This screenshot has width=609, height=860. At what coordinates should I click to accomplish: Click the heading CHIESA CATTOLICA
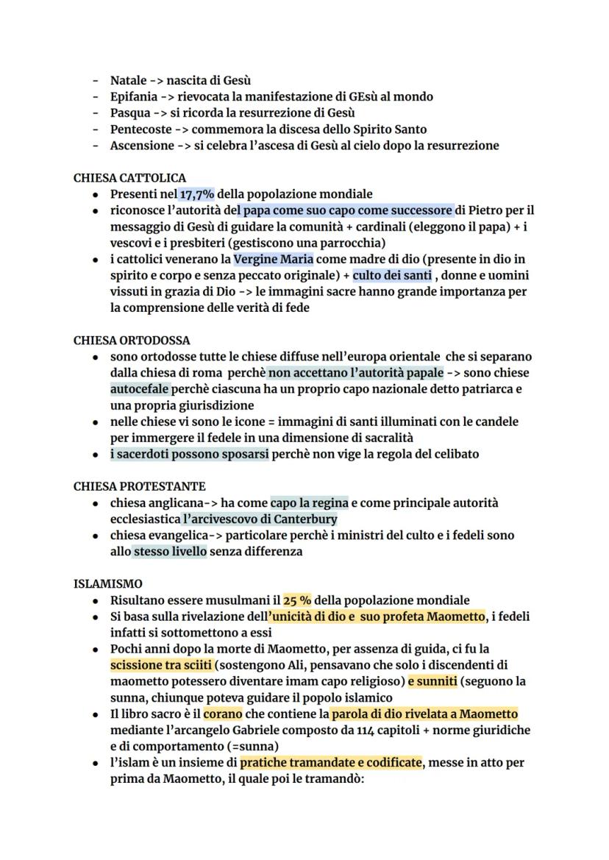coord(129,178)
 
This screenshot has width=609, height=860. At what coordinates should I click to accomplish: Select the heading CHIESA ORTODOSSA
coord(132,341)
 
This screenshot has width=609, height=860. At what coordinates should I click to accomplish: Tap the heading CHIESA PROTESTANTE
coord(139,487)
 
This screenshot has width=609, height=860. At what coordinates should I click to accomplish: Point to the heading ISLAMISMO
coord(108,584)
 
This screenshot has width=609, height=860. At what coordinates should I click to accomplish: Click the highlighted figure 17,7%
coord(196,194)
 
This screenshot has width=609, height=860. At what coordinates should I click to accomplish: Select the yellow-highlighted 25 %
coord(297,600)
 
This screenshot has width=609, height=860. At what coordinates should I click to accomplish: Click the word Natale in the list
coord(128,80)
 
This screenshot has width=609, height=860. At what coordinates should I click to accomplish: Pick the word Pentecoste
coord(140,129)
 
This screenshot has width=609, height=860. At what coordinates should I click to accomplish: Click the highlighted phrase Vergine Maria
coord(274,259)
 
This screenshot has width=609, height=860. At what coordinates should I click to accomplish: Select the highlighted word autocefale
coord(139,389)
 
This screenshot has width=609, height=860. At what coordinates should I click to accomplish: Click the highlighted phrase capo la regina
coord(309,503)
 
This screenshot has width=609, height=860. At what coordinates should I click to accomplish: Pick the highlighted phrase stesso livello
coord(169,552)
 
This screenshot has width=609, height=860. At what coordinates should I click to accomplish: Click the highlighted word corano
coord(223,714)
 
